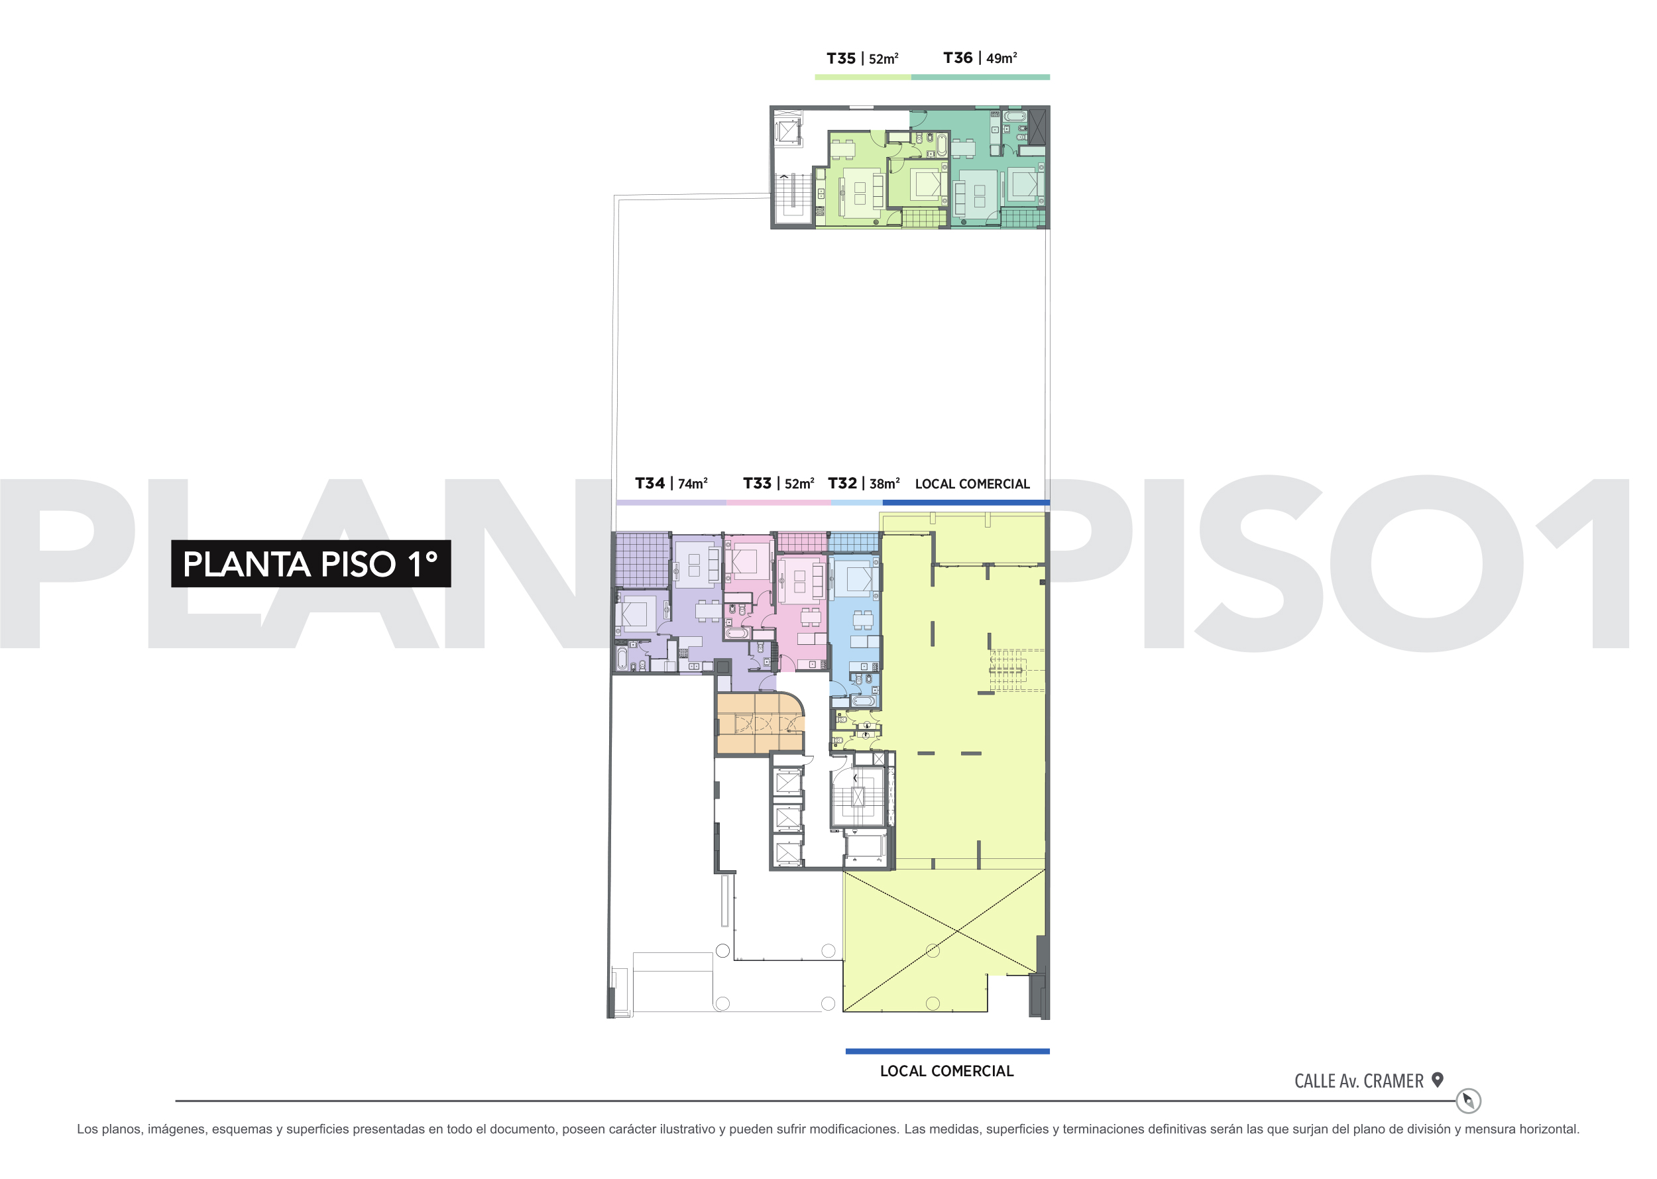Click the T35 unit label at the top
click(841, 58)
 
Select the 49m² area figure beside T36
click(1001, 58)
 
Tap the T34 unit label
click(650, 484)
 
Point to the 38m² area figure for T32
click(884, 484)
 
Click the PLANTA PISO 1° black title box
click(311, 563)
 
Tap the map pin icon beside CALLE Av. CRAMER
click(1437, 1080)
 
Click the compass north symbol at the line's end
click(1468, 1101)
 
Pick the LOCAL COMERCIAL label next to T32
click(972, 484)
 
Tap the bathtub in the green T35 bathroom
click(941, 144)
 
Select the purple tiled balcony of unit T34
click(642, 560)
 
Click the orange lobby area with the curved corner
click(760, 723)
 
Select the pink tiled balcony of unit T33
click(801, 541)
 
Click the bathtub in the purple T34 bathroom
click(622, 657)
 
